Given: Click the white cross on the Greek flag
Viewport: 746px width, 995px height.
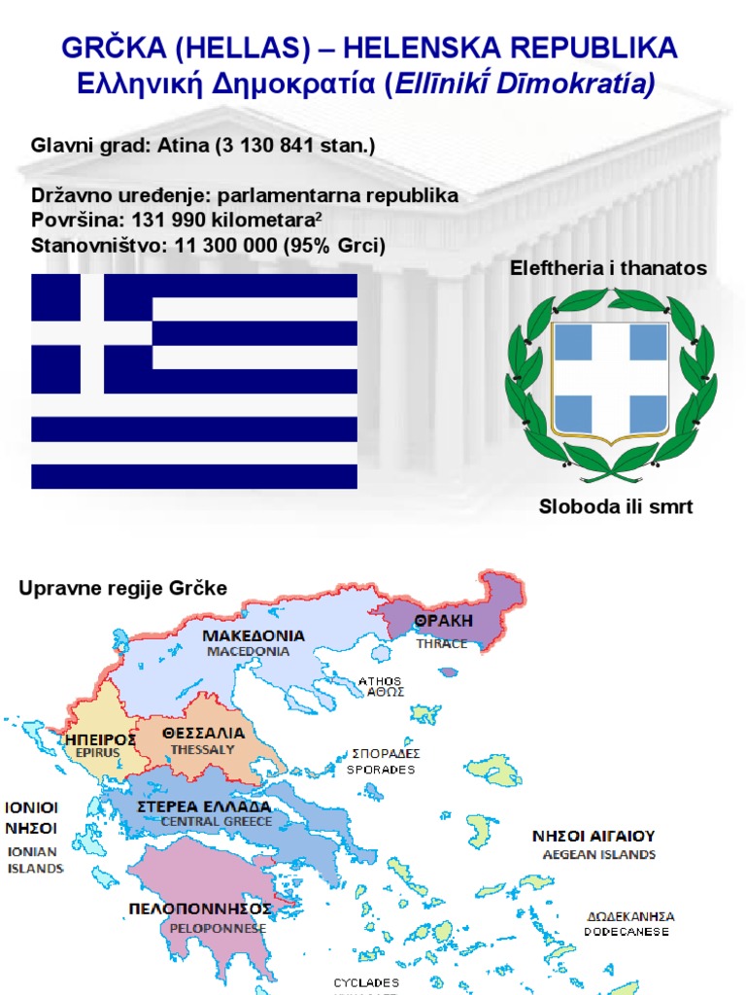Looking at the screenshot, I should coord(91,333).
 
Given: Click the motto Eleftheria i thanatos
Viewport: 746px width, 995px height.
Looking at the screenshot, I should coord(609,267).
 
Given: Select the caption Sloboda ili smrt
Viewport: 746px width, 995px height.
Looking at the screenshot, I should coord(616,507).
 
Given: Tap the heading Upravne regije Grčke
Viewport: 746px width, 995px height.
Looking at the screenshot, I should coord(122,589).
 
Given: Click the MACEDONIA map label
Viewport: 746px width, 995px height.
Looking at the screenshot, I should coord(248,652).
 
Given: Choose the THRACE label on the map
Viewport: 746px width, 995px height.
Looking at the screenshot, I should coord(442,643).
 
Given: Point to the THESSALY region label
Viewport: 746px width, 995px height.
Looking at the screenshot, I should coord(203,750).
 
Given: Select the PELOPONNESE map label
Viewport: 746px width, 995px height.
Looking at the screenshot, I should coord(204,928).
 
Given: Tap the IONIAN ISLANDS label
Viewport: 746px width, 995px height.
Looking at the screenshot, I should coord(35,859).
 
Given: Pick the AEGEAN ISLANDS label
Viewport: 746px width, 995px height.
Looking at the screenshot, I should coord(598,855).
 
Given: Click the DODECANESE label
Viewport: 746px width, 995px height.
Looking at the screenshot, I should coord(626,932).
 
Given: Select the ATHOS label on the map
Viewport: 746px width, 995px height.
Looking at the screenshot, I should coord(380,681).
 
